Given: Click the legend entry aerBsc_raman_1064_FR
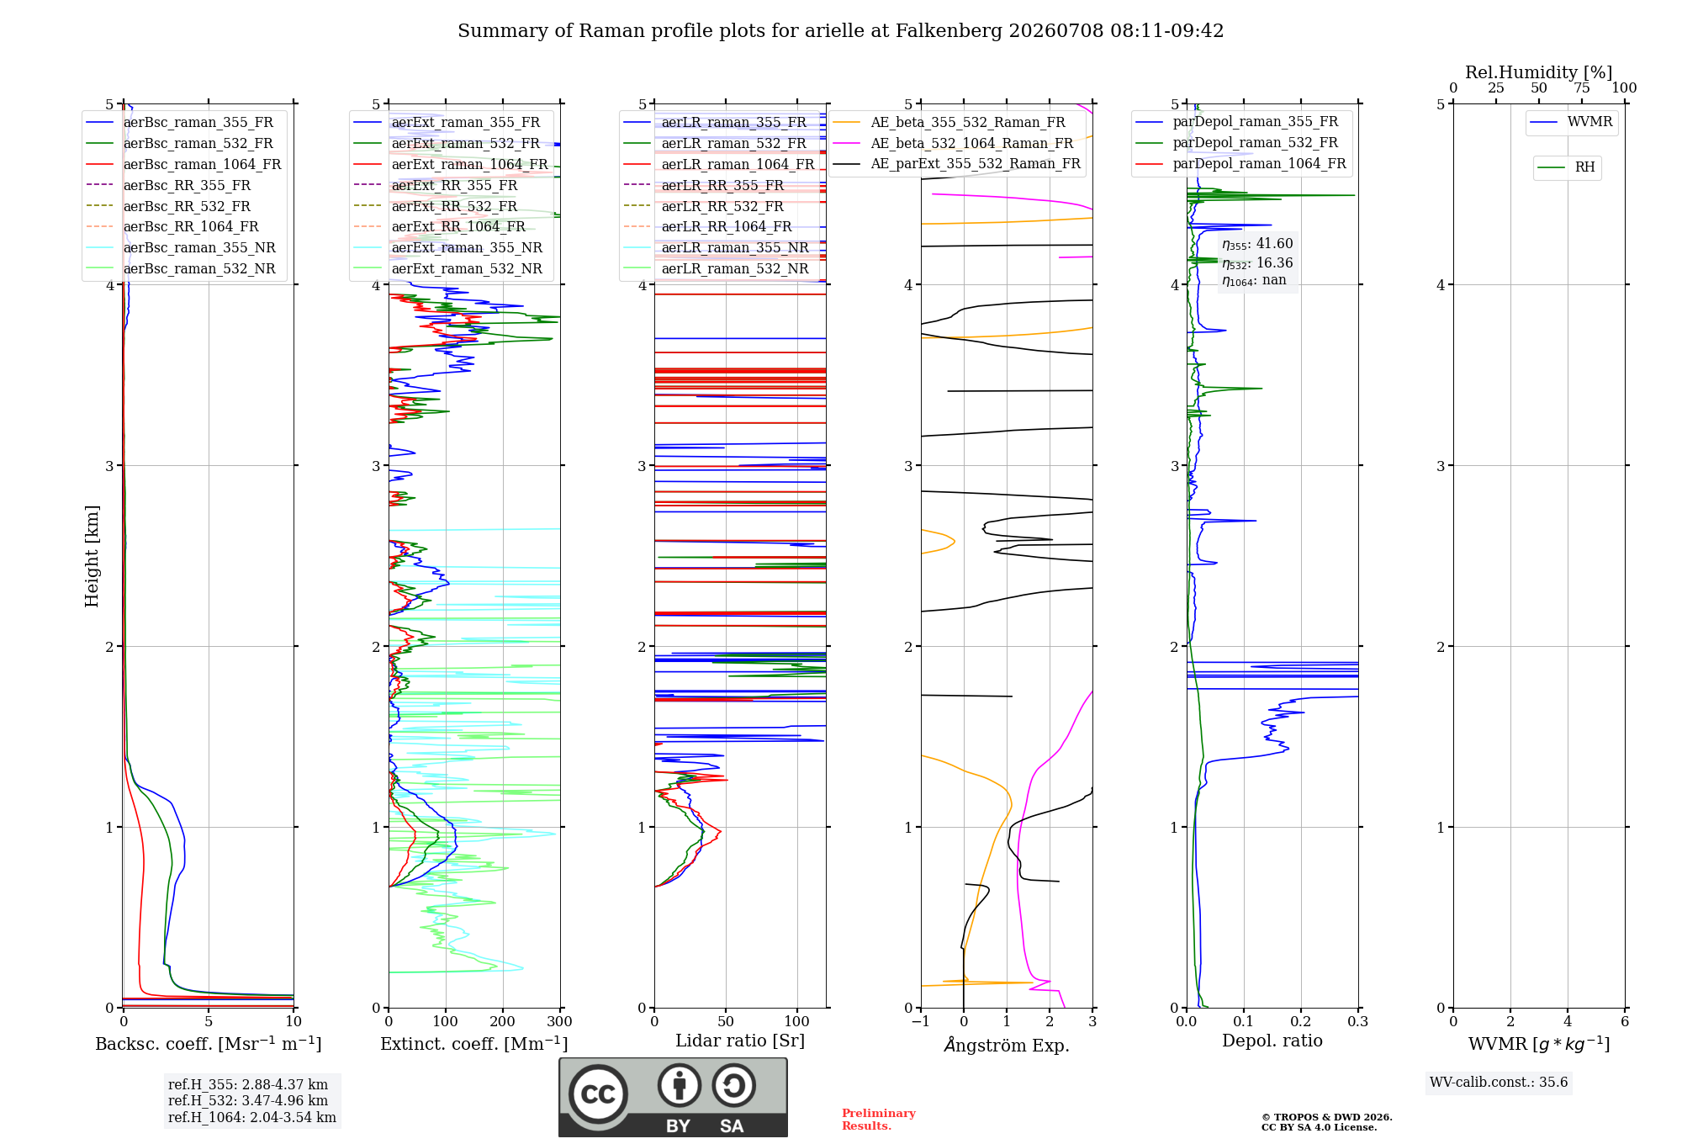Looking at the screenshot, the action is pyautogui.click(x=183, y=165).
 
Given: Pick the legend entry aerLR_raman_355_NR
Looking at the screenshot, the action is pyautogui.click(x=716, y=248).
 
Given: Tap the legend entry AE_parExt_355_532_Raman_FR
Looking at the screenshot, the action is pyautogui.click(x=957, y=164).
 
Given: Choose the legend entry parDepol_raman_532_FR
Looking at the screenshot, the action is pyautogui.click(x=1237, y=143).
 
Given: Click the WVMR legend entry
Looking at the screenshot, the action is pyautogui.click(x=1571, y=122).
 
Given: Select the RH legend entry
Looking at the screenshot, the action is pyautogui.click(x=1566, y=167).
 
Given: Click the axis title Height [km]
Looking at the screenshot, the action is pyautogui.click(x=92, y=556).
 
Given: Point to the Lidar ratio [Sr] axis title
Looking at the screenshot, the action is pyautogui.click(x=740, y=1041).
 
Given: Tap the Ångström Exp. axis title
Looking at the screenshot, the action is pyautogui.click(x=1007, y=1045).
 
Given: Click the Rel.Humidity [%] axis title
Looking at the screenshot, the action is pyautogui.click(x=1539, y=72).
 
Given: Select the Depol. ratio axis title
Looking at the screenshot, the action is pyautogui.click(x=1272, y=1041).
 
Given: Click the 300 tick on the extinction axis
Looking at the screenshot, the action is pyautogui.click(x=559, y=1021).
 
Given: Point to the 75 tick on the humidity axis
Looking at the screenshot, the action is pyautogui.click(x=1582, y=87).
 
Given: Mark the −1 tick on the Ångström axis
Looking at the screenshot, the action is pyautogui.click(x=920, y=1021).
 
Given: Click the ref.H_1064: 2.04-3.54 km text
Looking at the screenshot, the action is pyautogui.click(x=252, y=1117).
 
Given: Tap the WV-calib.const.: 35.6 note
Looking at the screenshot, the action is pyautogui.click(x=1499, y=1083).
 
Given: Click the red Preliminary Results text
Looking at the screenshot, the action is pyautogui.click(x=879, y=1120).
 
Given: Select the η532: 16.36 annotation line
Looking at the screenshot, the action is pyautogui.click(x=1257, y=263).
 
